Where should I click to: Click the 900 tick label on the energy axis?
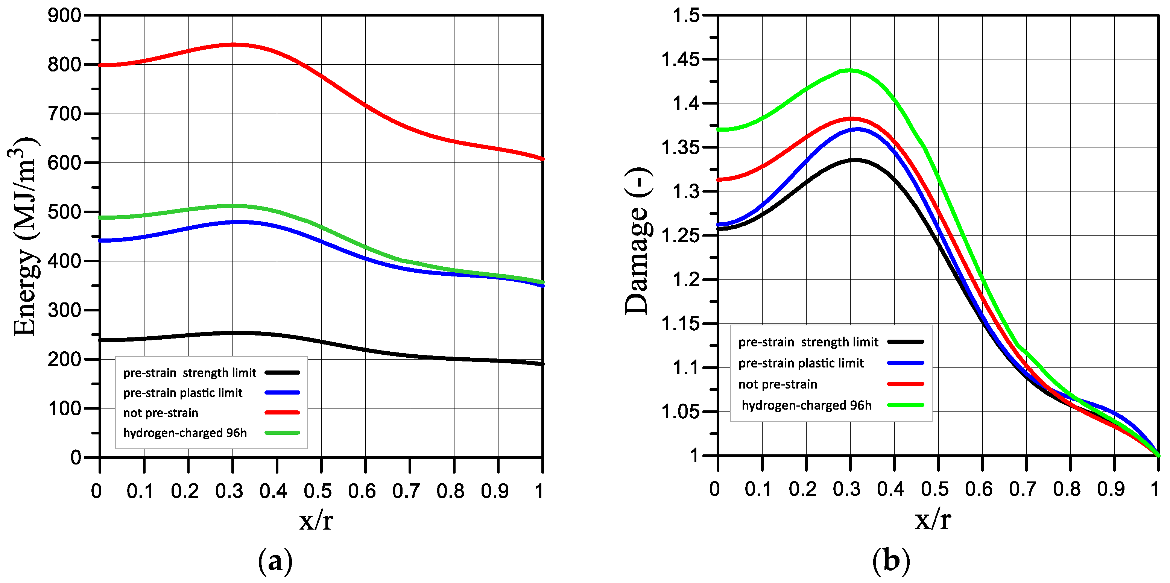64,16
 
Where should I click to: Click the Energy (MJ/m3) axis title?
24,236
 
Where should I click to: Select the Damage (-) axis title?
638,241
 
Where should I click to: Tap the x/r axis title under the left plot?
316,520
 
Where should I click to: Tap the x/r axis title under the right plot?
933,520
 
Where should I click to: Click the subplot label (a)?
275,561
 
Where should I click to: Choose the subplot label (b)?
891,561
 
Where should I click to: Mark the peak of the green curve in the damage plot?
850,70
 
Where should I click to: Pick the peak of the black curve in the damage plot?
857,160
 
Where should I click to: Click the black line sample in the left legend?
282,373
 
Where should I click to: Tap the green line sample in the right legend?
906,405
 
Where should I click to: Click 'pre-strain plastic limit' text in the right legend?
801,363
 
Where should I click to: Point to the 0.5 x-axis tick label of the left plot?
318,491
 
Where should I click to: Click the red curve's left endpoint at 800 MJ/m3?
100,65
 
